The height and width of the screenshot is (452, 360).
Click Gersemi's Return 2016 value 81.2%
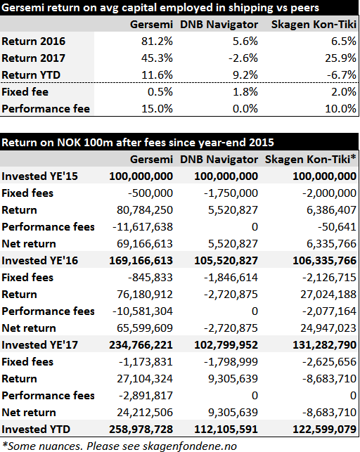[157, 41]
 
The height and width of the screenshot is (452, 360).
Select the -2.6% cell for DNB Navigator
[243, 58]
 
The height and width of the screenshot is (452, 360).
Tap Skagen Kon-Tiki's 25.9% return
[340, 58]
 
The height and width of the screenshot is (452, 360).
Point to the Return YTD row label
[31, 75]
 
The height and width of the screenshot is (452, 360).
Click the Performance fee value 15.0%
[157, 109]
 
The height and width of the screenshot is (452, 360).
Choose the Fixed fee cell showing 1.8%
[245, 92]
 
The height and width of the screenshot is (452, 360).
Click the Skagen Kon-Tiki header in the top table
[314, 25]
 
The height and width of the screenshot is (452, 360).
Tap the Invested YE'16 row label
[40, 261]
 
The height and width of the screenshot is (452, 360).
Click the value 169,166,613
[141, 261]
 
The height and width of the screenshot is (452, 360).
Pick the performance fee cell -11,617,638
[143, 227]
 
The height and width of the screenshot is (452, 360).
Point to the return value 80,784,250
[145, 210]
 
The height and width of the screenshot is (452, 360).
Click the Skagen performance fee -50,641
[337, 227]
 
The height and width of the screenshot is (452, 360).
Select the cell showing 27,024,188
[328, 295]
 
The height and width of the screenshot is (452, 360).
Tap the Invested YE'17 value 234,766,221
[141, 345]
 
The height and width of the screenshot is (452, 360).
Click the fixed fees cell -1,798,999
[231, 362]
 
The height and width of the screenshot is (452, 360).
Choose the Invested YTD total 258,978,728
[141, 430]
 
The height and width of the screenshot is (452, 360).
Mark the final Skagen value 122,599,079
[325, 430]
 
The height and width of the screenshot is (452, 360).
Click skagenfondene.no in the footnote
[190, 446]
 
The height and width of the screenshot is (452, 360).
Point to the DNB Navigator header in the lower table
[219, 160]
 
